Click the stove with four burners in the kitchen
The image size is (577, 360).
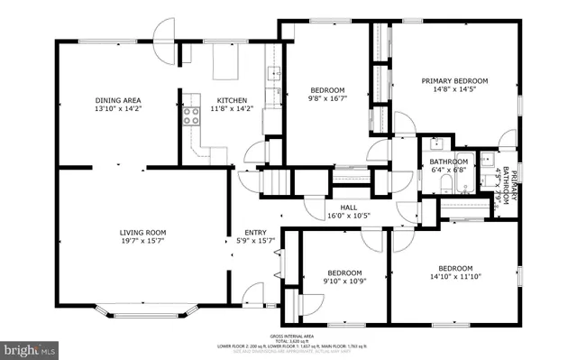click(191, 115)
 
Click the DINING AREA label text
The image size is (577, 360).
click(118, 100)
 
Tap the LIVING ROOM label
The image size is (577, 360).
click(142, 233)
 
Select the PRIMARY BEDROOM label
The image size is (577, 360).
click(454, 80)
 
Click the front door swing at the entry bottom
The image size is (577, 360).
click(254, 295)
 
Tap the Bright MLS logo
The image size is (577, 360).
click(31, 346)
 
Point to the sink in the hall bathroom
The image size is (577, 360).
click(437, 143)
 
